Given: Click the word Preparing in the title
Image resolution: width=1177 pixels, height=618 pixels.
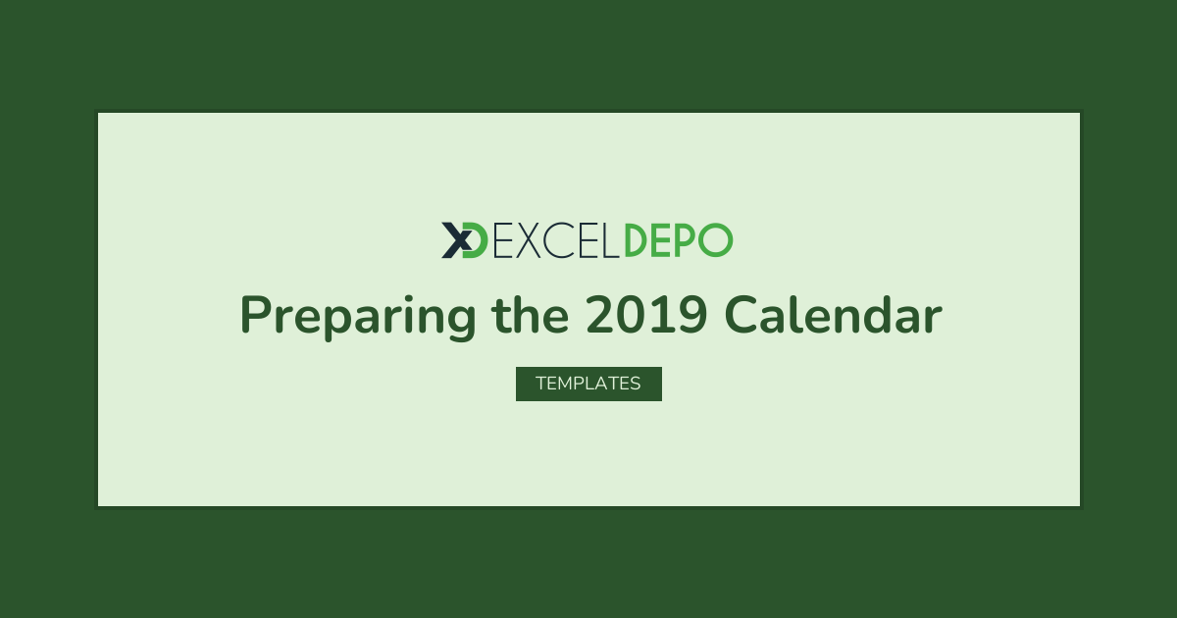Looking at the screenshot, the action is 358,316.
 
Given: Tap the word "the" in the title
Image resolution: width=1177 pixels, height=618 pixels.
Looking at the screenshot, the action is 531,314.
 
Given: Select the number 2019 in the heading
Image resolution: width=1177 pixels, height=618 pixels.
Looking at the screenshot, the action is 646,314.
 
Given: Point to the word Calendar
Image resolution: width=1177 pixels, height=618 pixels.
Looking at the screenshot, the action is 834,314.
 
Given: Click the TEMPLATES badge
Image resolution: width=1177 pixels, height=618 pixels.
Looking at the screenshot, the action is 588,384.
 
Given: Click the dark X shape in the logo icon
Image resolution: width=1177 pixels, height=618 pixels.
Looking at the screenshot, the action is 456,240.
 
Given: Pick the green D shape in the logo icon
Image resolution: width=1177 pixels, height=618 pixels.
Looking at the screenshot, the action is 476,240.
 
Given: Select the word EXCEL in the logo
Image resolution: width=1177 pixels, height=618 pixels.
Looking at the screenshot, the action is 556,240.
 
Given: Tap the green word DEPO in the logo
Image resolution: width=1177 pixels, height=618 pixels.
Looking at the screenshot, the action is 679,240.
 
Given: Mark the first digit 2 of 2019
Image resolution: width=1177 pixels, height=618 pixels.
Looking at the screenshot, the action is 600,314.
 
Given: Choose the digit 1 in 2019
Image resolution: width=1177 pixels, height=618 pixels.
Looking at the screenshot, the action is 661,314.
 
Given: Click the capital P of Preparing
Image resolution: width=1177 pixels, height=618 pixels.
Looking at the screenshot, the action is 256,314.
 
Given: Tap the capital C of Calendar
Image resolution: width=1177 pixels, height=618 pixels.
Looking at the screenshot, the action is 741,314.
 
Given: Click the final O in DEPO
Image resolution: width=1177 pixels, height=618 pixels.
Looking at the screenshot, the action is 715,240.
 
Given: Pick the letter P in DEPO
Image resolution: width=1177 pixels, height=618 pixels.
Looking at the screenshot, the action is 685,240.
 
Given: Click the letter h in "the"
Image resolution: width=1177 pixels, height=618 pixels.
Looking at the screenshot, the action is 527,314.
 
